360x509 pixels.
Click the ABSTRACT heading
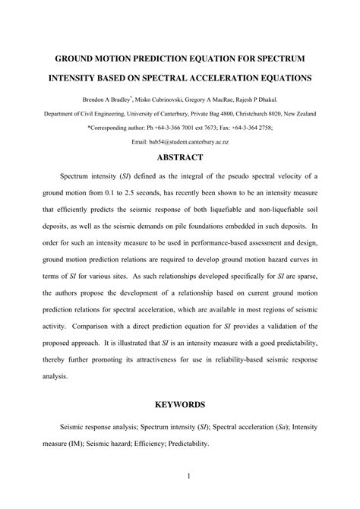point(179,157)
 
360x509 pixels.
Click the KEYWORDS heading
point(179,405)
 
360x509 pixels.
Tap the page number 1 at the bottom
point(180,476)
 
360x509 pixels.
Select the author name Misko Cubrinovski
point(175,99)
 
